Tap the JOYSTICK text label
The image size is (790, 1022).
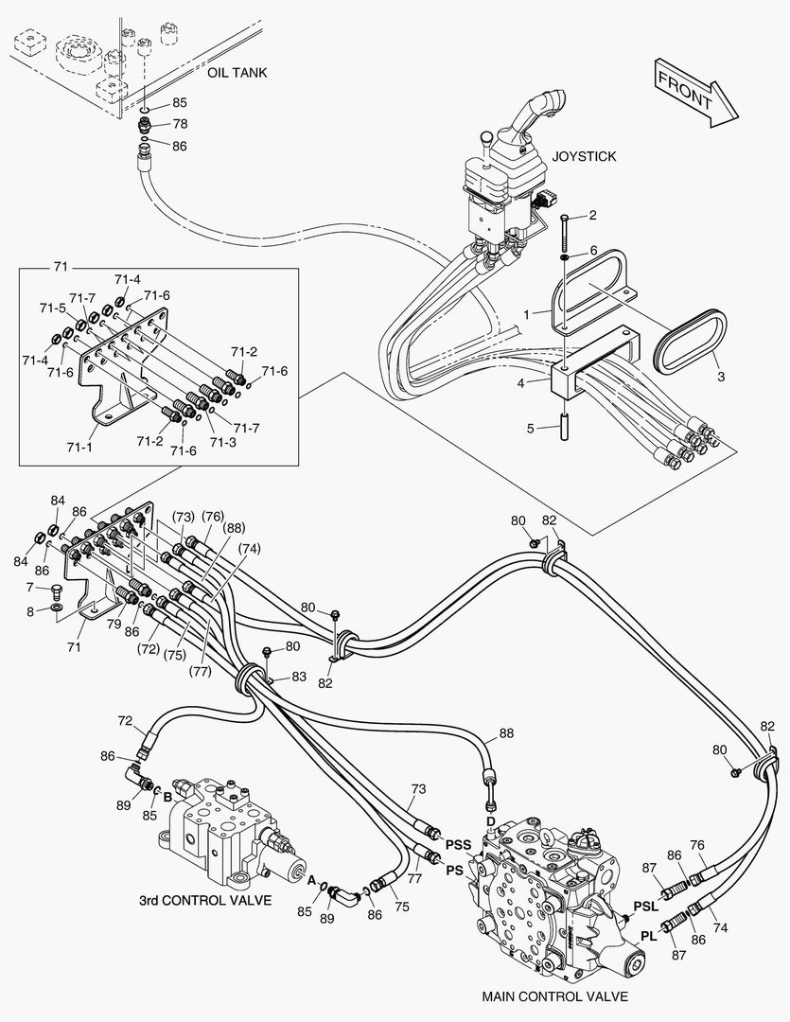click(584, 156)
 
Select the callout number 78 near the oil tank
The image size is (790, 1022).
click(179, 124)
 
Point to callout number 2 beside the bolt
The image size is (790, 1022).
click(592, 216)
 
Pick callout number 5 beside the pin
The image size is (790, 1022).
click(533, 428)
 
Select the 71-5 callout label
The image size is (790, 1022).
click(52, 308)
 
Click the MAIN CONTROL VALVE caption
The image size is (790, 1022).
click(554, 996)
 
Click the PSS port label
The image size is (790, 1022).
click(459, 845)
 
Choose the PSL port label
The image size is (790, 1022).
click(645, 905)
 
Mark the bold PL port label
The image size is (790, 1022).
click(648, 936)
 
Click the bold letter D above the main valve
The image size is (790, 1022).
click(491, 819)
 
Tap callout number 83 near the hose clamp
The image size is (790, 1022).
click(299, 677)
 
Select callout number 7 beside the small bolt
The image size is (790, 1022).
click(29, 589)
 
